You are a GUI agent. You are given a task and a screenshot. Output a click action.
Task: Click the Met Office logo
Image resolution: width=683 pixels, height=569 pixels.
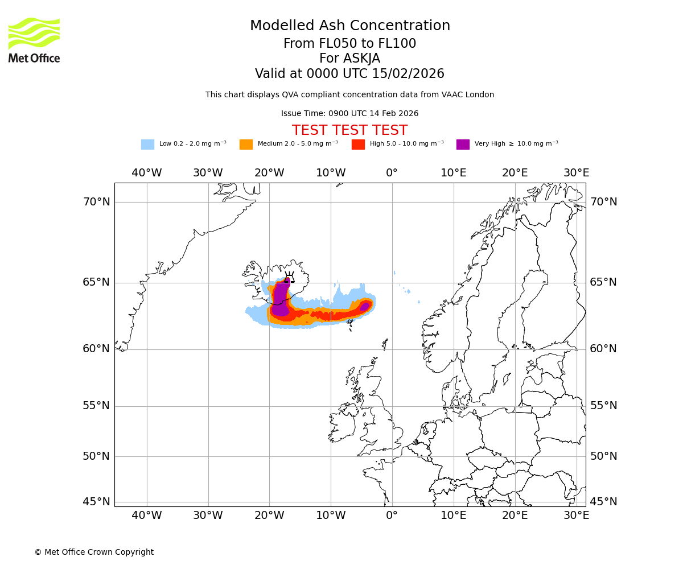(34, 40)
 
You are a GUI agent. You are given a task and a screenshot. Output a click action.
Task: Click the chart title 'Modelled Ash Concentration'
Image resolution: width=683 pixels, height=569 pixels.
(350, 26)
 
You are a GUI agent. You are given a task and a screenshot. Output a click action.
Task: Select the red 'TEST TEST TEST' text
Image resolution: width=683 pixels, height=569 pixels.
(349, 130)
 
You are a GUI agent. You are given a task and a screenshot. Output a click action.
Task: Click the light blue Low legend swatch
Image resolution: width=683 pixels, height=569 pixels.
(147, 145)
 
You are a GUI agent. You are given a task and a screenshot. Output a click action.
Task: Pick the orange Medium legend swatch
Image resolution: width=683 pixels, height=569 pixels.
(246, 145)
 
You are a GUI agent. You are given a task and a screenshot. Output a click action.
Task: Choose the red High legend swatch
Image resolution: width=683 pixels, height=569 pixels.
(358, 145)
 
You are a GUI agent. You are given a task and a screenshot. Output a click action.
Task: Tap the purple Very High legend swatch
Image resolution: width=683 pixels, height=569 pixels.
(463, 145)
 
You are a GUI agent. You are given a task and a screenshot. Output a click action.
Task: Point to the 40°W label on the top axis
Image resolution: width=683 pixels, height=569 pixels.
(147, 173)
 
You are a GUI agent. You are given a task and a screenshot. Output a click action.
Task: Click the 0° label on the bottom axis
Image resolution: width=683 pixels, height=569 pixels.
(392, 516)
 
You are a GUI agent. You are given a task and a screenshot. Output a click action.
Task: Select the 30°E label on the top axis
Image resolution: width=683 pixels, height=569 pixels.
(577, 173)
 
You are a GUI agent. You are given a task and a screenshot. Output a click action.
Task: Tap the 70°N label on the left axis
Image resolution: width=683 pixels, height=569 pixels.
(96, 202)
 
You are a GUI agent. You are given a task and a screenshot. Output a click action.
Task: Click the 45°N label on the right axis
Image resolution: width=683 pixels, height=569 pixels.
(603, 502)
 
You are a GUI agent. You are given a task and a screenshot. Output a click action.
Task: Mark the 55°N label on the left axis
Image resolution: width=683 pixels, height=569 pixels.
(96, 406)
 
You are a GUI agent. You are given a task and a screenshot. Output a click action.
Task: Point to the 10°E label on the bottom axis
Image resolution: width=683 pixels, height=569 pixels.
(454, 516)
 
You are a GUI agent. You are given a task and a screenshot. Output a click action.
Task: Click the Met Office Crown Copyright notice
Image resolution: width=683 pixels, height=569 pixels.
(94, 552)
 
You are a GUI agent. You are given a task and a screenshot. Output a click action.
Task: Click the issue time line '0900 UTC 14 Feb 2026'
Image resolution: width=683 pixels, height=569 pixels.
(349, 114)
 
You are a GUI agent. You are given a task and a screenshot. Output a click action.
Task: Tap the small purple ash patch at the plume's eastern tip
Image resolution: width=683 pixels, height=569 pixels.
(365, 306)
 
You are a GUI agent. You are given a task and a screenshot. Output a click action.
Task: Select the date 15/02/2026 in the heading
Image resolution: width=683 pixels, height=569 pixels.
(408, 74)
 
